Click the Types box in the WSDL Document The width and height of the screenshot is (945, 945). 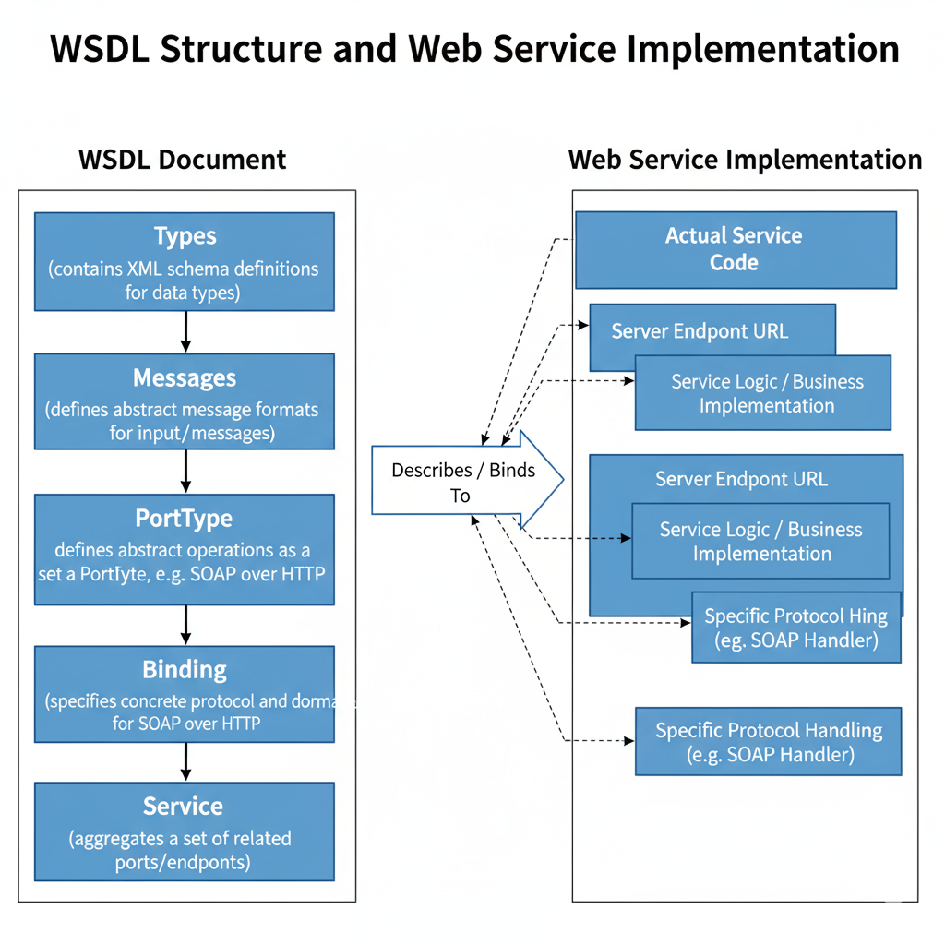point(185,261)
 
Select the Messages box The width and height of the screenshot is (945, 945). point(185,401)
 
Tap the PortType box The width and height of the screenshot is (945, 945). point(185,549)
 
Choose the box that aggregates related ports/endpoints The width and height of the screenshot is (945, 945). point(185,831)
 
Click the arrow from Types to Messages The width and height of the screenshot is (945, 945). point(185,331)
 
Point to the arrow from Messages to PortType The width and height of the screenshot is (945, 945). point(185,472)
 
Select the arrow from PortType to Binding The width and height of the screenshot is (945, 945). point(185,625)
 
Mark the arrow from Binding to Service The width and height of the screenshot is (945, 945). point(185,762)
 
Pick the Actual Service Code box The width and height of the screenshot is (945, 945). point(736,249)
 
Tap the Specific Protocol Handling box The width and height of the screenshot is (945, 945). point(769,742)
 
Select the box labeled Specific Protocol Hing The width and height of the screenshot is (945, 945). point(795,628)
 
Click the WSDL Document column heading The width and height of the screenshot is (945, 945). point(183,159)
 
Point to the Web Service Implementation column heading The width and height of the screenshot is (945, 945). point(745,159)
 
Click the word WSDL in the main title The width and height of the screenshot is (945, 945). point(100,48)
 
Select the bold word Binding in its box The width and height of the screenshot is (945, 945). point(185,669)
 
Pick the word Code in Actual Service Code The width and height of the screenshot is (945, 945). point(734,263)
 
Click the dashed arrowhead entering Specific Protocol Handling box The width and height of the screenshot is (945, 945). point(630,741)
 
